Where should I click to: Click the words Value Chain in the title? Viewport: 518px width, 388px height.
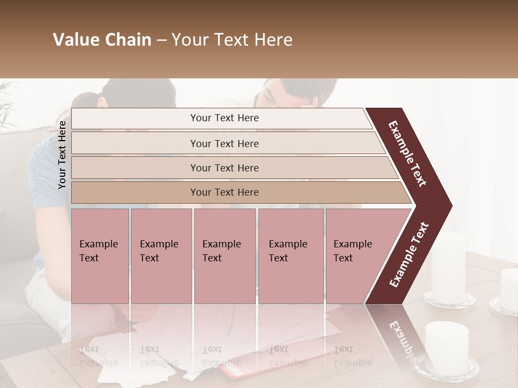click(102, 40)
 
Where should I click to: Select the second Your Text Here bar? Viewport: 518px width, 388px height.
click(224, 143)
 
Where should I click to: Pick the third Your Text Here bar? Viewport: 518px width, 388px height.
click(224, 168)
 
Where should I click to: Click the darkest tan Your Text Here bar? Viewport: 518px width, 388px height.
click(224, 192)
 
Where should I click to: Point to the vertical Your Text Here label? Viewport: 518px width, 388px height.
click(63, 155)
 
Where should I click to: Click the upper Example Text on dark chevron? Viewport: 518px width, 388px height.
click(407, 154)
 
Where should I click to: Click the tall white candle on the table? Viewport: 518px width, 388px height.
click(448, 267)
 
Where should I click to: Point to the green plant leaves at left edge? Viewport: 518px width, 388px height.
click(6, 105)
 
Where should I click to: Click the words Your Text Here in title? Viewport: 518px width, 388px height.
click(232, 40)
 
